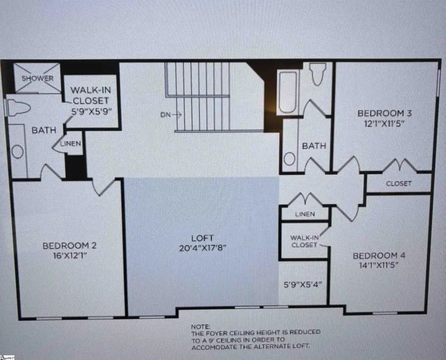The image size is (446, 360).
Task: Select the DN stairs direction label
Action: pyautogui.click(x=167, y=114)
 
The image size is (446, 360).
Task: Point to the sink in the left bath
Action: pyautogui.click(x=18, y=152)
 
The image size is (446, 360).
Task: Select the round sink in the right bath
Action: pyautogui.click(x=290, y=158)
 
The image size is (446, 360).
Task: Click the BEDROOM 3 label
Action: pyautogui.click(x=385, y=113)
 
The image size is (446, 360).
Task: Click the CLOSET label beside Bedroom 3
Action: pyautogui.click(x=399, y=183)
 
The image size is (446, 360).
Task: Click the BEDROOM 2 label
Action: pyautogui.click(x=69, y=245)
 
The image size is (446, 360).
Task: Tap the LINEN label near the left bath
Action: pyautogui.click(x=70, y=144)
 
